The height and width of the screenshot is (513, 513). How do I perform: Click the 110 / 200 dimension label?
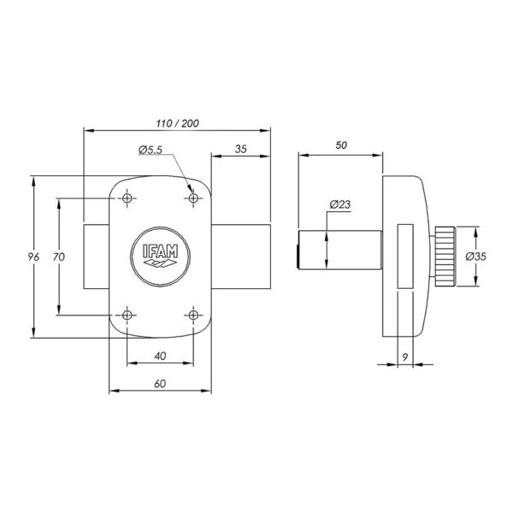tap(177, 123)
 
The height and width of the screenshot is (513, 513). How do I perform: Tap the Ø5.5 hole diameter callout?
tap(150, 150)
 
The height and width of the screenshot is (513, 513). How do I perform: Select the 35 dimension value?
tap(241, 149)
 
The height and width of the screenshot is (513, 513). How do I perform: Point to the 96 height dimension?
tap(33, 256)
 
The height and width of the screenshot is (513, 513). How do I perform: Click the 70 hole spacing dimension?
tap(59, 257)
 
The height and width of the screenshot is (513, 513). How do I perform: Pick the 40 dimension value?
tap(160, 356)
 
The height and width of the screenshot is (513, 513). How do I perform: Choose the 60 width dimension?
tap(160, 384)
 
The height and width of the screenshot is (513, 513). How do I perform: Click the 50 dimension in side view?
tap(341, 145)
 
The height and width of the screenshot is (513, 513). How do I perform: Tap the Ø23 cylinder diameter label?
tap(340, 205)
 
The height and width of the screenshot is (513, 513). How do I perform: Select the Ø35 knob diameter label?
tap(476, 256)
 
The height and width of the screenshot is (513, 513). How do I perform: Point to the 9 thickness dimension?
tap(405, 357)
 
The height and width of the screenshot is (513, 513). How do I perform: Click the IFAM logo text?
tap(161, 251)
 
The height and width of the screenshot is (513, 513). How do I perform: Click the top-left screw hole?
tap(127, 198)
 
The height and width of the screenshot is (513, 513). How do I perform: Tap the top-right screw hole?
tap(193, 198)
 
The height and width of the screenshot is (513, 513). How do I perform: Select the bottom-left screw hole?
tap(127, 315)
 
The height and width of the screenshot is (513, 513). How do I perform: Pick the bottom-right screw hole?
tap(193, 315)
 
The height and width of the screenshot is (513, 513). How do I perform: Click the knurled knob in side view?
tap(445, 256)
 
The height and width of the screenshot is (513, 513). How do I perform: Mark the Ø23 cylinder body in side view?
tap(340, 251)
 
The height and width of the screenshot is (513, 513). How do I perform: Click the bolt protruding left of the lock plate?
tap(96, 256)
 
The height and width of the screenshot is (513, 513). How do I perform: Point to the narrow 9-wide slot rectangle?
tap(405, 256)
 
